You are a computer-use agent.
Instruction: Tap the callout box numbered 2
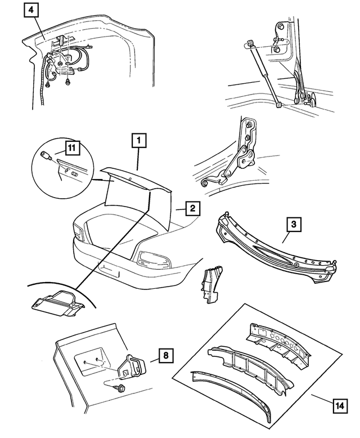point(192,209)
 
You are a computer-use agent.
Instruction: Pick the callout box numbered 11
point(71,149)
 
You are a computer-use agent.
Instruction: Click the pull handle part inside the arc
point(56,301)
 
